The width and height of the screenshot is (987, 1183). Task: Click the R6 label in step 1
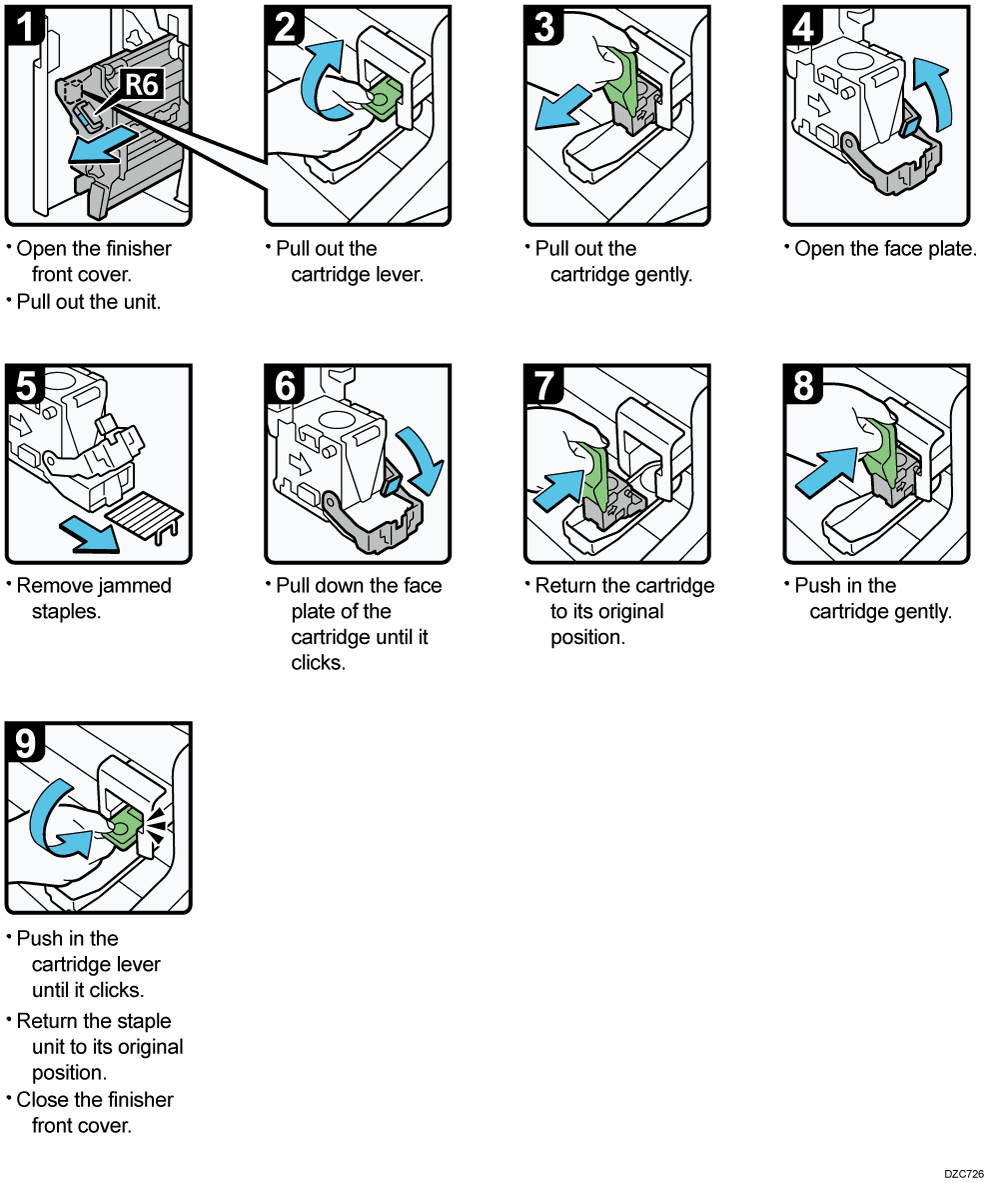pos(140,85)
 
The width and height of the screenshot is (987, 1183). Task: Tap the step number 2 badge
pos(285,27)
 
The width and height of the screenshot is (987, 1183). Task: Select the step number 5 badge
pos(26,385)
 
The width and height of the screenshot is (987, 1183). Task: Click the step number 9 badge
pos(26,743)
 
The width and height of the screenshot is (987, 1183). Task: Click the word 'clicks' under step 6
pos(318,663)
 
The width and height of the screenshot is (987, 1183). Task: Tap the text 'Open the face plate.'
pos(885,249)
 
